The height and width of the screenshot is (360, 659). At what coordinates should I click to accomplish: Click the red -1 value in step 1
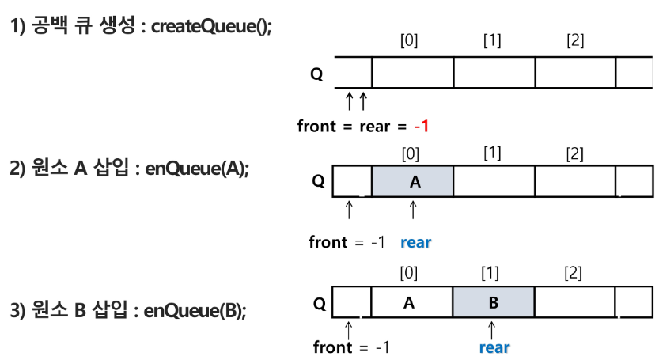click(x=422, y=126)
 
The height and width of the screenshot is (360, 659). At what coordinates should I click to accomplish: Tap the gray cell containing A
click(x=413, y=181)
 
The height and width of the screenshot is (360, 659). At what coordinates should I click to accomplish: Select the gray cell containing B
click(x=494, y=302)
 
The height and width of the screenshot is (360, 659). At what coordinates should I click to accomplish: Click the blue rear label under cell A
click(x=415, y=242)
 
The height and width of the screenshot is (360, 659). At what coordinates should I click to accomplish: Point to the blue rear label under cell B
click(x=494, y=347)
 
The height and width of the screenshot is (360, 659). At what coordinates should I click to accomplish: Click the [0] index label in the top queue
click(x=409, y=40)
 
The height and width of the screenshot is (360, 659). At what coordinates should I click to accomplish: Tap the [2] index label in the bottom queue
click(x=573, y=273)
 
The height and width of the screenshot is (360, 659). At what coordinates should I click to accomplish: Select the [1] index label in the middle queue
click(x=492, y=153)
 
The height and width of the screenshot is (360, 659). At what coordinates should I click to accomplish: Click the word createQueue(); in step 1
click(x=211, y=26)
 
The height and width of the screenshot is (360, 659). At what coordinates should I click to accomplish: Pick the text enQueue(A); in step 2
click(x=197, y=169)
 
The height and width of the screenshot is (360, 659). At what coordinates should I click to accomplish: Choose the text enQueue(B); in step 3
click(x=195, y=311)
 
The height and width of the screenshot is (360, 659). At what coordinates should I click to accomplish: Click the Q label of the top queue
click(x=316, y=74)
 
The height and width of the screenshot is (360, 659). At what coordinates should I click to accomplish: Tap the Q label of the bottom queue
click(x=320, y=303)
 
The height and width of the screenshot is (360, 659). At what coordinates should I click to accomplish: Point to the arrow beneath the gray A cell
click(x=413, y=210)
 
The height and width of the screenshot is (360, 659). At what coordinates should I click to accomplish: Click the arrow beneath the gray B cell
click(x=491, y=330)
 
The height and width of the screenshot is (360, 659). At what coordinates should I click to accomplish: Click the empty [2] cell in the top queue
click(x=575, y=72)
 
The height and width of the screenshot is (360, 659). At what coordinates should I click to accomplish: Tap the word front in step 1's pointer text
click(x=316, y=126)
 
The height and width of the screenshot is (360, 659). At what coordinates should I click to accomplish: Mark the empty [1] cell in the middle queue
click(x=494, y=181)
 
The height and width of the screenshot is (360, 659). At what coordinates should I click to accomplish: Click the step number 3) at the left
click(x=17, y=311)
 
